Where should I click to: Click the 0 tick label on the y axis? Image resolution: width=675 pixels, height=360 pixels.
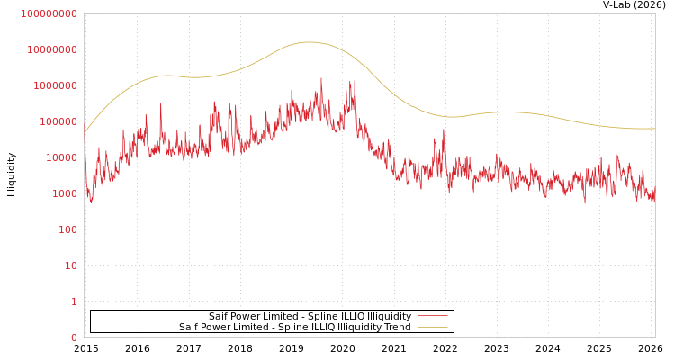pyautogui.click(x=74, y=337)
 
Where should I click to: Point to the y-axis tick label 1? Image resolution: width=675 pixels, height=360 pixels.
pyautogui.click(x=74, y=301)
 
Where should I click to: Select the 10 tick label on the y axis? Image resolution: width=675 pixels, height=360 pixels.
pyautogui.click(x=71, y=265)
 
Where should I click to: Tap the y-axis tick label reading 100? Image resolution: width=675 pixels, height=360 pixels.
pyautogui.click(x=68, y=229)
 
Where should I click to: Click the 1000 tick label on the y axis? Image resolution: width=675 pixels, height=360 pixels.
pyautogui.click(x=66, y=193)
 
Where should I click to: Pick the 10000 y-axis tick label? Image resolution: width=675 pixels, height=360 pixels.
pyautogui.click(x=63, y=157)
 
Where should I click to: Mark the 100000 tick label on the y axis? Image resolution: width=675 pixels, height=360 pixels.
pyautogui.click(x=59, y=121)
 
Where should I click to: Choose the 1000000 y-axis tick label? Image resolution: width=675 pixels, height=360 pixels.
pyautogui.click(x=57, y=85)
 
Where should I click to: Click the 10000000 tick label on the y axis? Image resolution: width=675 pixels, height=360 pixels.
pyautogui.click(x=53, y=49)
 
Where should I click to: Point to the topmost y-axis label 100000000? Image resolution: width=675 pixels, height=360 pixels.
pyautogui.click(x=50, y=13)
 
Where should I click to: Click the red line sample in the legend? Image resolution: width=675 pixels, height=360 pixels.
pyautogui.click(x=432, y=317)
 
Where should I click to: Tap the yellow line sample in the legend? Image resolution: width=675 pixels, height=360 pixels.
pyautogui.click(x=432, y=328)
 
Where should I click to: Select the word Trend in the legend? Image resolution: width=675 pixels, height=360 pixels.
pyautogui.click(x=397, y=328)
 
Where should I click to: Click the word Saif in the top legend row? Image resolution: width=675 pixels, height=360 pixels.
pyautogui.click(x=220, y=317)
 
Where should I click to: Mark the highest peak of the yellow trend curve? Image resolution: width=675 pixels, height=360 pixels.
pyautogui.click(x=309, y=42)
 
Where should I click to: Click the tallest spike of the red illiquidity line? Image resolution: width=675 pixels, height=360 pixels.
pyautogui.click(x=321, y=78)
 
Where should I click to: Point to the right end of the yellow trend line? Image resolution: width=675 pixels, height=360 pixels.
pyautogui.click(x=654, y=129)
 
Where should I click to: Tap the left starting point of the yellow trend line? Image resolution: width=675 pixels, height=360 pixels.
pyautogui.click(x=85, y=133)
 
